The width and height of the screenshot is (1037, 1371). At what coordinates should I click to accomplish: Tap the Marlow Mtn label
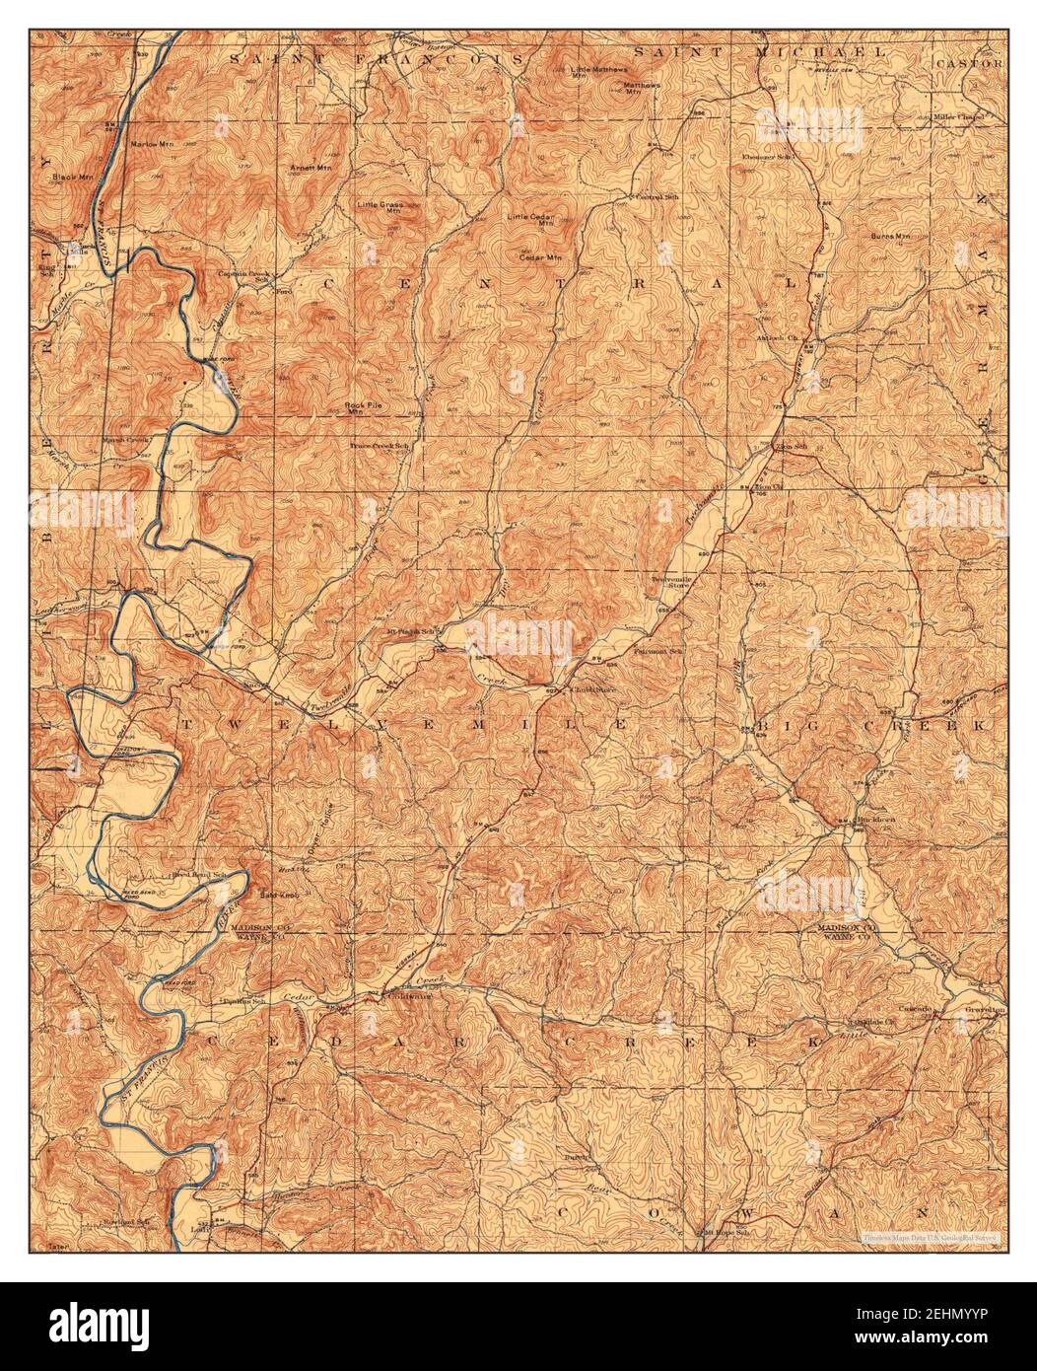(151, 144)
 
